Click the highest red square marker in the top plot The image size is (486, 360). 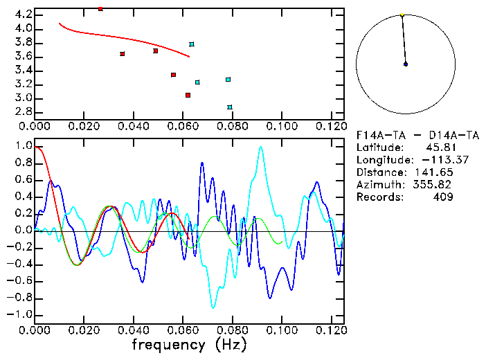(x=100, y=9)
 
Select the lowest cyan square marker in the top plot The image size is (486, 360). (x=230, y=107)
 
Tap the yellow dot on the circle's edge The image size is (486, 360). (x=402, y=15)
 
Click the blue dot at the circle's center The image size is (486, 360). (x=406, y=64)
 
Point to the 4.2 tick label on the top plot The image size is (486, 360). (x=22, y=15)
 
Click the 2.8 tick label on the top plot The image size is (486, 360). (x=22, y=111)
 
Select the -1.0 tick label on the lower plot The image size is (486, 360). (x=20, y=314)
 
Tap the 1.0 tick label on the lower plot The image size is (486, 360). (x=23, y=147)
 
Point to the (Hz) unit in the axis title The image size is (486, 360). (x=231, y=343)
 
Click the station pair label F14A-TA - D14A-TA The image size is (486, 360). (x=405, y=135)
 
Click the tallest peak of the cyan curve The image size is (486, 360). (x=260, y=147)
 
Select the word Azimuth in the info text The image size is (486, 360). (x=377, y=185)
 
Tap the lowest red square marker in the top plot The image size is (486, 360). (x=188, y=96)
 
